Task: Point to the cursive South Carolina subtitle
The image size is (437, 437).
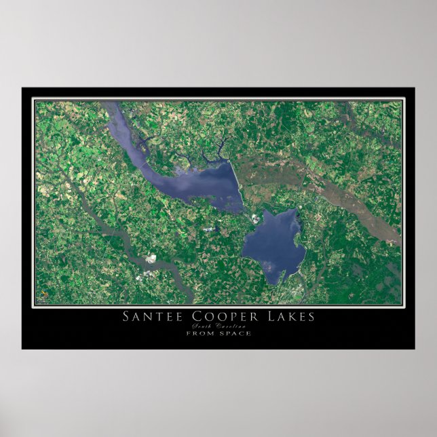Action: (x=218, y=326)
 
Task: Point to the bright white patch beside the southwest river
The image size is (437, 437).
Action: (x=151, y=259)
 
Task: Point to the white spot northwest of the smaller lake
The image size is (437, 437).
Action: (x=255, y=218)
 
